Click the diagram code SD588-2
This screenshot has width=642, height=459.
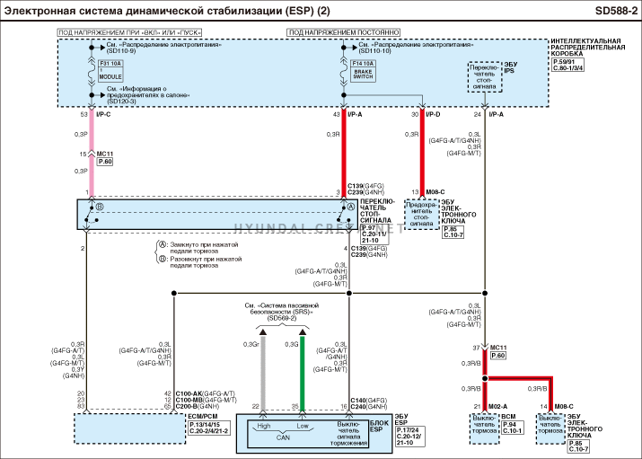tap(615, 10)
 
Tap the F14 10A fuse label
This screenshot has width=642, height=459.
tap(364, 65)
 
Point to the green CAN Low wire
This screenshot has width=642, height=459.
tap(303, 368)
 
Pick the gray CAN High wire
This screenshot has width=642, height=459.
tap(262, 368)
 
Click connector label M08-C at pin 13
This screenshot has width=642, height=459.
tap(435, 192)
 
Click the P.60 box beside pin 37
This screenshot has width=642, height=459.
tap(498, 356)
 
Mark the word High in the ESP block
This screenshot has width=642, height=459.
tap(264, 425)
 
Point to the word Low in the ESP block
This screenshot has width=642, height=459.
tap(303, 425)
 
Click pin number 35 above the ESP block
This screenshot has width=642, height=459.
tap(295, 407)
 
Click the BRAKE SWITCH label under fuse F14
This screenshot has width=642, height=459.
tap(364, 75)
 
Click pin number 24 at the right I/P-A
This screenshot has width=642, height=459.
tap(478, 115)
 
